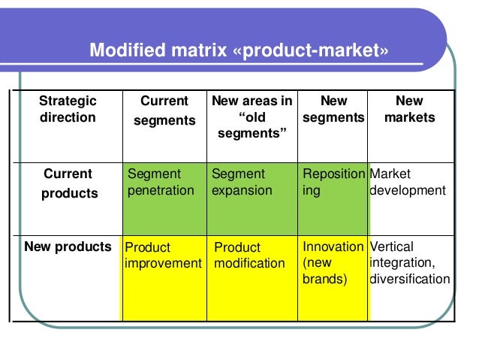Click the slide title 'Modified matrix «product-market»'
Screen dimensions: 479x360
[x=239, y=51]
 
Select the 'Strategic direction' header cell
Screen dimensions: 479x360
[x=68, y=109]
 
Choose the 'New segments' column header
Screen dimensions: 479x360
[x=333, y=109]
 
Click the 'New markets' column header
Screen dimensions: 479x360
[x=410, y=109]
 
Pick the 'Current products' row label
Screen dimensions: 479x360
[x=68, y=183]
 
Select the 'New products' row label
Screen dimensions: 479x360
[x=68, y=247]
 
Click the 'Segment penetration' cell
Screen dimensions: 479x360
[x=161, y=182]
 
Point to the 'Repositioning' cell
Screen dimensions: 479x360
[x=333, y=182]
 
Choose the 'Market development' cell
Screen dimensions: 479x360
[x=408, y=182]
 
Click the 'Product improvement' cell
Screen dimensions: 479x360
[x=163, y=255]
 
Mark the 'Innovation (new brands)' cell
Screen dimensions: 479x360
[x=333, y=263]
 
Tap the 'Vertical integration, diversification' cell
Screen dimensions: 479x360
[x=410, y=263]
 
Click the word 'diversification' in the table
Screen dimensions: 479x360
[x=410, y=280]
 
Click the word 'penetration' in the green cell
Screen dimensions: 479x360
[x=161, y=190]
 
